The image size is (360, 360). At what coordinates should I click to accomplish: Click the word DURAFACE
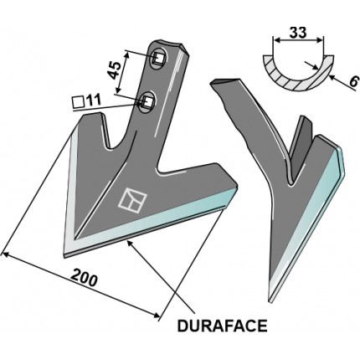[x=222, y=326]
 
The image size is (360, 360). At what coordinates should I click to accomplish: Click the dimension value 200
[x=84, y=277]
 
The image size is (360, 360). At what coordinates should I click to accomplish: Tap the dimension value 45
[x=115, y=69]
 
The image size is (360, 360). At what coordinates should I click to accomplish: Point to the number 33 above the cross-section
[x=298, y=33]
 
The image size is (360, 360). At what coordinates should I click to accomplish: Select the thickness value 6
[x=352, y=82]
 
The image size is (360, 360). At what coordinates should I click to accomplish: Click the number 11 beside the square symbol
[x=93, y=100]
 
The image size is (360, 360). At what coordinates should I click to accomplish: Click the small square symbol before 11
[x=78, y=102]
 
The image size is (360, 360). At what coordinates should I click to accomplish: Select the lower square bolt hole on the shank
[x=147, y=102]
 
